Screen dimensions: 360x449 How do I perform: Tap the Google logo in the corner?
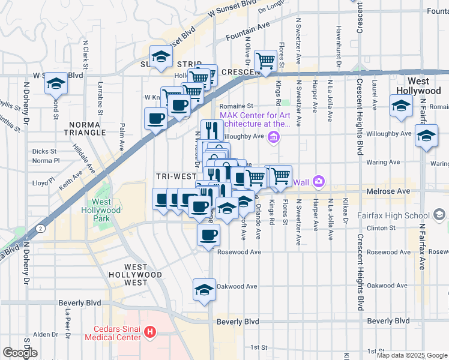(x=20, y=353)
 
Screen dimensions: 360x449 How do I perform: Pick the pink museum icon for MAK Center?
(x=274, y=138)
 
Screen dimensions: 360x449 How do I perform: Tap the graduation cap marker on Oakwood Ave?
(x=204, y=290)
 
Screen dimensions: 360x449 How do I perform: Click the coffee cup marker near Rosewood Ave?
(x=208, y=235)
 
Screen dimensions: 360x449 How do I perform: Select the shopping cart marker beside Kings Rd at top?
(x=265, y=60)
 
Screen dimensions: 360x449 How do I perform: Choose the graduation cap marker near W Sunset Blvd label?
(x=56, y=83)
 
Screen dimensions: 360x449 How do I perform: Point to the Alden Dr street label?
(x=45, y=334)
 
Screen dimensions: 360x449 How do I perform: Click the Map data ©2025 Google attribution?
(x=412, y=355)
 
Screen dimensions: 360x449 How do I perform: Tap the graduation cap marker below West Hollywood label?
(x=401, y=106)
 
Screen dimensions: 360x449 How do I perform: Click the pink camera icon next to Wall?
(x=318, y=181)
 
